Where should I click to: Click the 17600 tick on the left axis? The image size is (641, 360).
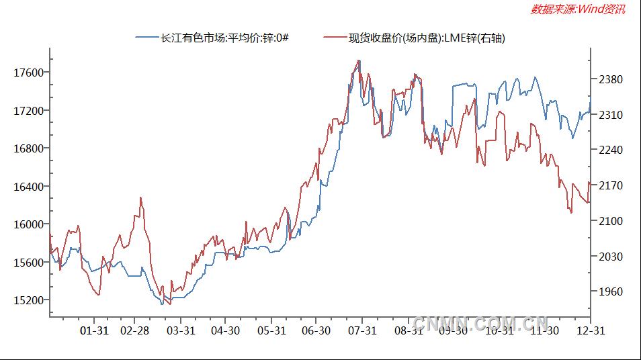click(29, 73)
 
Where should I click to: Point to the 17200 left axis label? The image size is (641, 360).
click(29, 110)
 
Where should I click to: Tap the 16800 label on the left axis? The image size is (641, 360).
click(29, 148)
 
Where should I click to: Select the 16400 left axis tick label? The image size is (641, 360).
click(29, 186)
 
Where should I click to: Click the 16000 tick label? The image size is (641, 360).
click(29, 224)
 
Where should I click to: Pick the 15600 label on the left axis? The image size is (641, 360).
click(29, 262)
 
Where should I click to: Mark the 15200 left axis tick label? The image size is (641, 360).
click(29, 300)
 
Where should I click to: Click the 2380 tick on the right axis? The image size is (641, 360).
click(611, 79)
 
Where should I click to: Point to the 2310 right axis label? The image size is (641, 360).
click(611, 116)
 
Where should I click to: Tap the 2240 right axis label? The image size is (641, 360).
click(611, 150)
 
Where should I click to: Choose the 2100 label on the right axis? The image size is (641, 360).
click(611, 221)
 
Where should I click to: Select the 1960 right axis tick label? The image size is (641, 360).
click(611, 292)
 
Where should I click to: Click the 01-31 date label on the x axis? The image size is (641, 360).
click(93, 330)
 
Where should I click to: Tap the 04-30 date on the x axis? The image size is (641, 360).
click(225, 330)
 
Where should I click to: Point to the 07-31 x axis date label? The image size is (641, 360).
click(361, 330)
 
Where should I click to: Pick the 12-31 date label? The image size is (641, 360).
click(591, 330)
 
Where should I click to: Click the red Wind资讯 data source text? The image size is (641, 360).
click(578, 9)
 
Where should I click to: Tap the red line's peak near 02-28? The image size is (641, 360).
click(140, 197)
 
